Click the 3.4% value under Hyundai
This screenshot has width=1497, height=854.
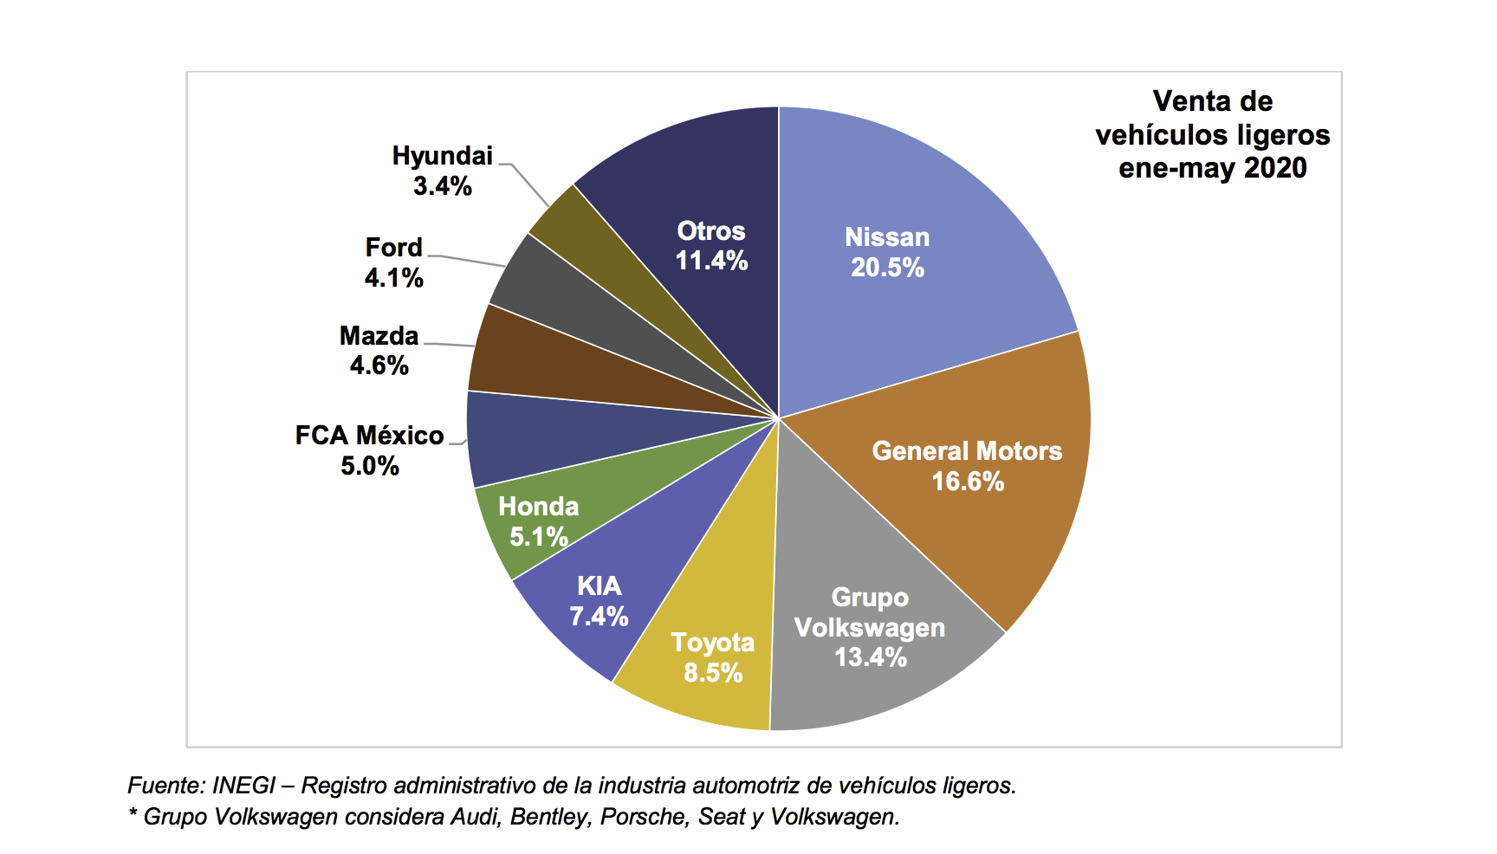click(x=443, y=186)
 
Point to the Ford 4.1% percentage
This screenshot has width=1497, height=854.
click(x=394, y=278)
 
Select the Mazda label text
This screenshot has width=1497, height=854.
click(x=379, y=335)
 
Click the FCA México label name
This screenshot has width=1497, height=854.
click(x=370, y=435)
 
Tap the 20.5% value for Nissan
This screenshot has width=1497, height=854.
click(x=887, y=268)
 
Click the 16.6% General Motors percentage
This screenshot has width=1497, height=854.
click(x=968, y=482)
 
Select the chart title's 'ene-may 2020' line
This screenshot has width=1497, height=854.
click(x=1212, y=168)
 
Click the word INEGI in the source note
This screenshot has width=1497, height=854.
click(x=243, y=786)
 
